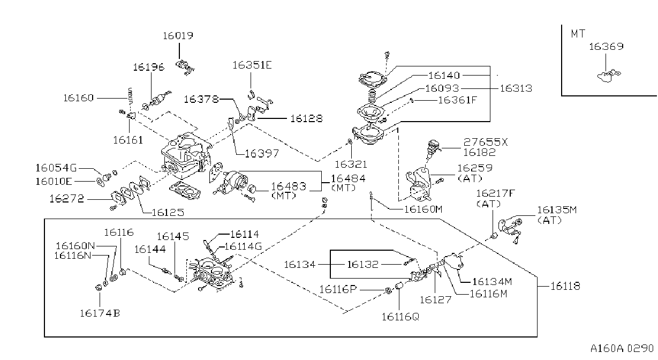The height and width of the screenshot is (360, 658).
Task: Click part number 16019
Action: click(x=178, y=35)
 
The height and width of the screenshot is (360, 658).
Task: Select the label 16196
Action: click(x=149, y=67)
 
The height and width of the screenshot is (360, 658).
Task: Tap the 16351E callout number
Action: click(x=252, y=65)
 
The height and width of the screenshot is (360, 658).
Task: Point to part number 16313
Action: click(x=516, y=88)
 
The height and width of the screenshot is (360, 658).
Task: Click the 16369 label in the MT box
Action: click(x=606, y=47)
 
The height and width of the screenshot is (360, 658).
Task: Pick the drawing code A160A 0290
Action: click(x=622, y=348)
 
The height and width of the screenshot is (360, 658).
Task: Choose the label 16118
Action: click(x=565, y=286)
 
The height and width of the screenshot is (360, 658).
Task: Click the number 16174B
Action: click(x=100, y=313)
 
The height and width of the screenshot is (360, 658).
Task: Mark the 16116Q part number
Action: click(x=400, y=317)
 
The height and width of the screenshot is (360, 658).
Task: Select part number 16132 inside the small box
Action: click(x=363, y=265)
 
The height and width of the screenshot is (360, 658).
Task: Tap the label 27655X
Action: click(x=485, y=142)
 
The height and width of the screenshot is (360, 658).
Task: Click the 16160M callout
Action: click(x=423, y=209)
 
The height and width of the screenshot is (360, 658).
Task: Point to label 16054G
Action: click(x=56, y=168)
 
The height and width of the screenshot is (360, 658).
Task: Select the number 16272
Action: click(x=67, y=199)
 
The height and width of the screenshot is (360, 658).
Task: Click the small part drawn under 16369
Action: click(x=609, y=76)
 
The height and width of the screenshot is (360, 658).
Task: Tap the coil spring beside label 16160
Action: click(x=131, y=96)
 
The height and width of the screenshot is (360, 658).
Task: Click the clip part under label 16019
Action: click(x=185, y=67)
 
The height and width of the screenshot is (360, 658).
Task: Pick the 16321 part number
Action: click(x=351, y=164)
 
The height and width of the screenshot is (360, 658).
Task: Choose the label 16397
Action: click(x=262, y=153)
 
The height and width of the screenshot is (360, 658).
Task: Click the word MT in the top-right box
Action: click(x=578, y=34)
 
